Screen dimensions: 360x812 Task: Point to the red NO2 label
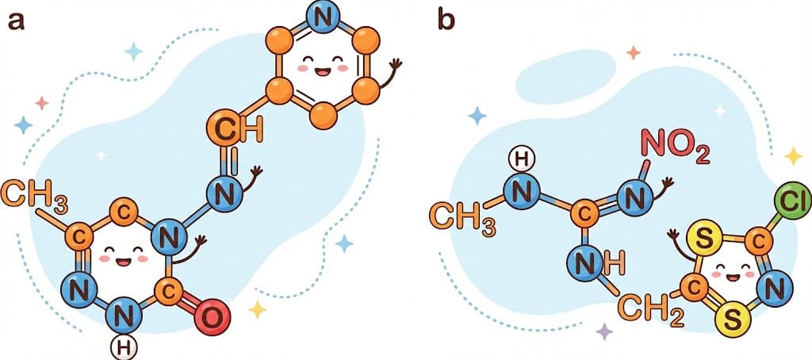point(675,148)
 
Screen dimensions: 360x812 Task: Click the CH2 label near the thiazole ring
point(650,308)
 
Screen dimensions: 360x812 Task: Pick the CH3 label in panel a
point(33,192)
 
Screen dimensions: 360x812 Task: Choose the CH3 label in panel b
point(464,216)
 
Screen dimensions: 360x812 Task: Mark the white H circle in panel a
point(122,347)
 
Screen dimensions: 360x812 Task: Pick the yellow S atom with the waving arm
point(699,236)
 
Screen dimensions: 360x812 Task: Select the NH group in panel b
point(590,262)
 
